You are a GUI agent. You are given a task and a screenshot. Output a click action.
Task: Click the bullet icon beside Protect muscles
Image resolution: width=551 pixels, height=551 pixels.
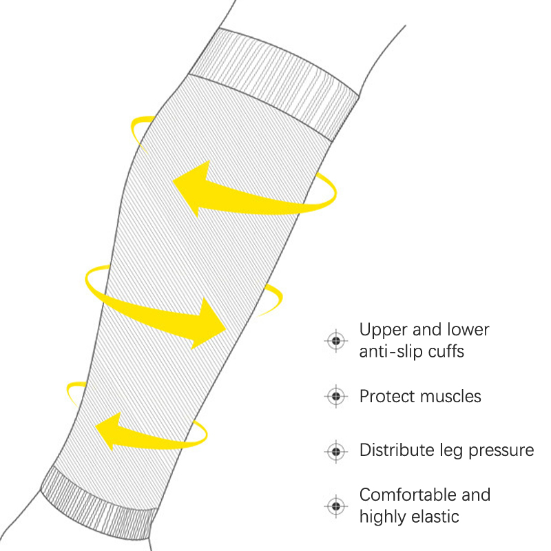click(335, 396)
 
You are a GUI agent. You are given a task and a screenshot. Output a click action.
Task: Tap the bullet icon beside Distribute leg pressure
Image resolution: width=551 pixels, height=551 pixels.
click(335, 451)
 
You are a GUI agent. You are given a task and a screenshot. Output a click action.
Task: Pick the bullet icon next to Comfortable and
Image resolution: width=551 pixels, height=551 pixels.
click(335, 506)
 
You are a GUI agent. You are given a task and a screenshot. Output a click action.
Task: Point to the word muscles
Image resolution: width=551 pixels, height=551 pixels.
click(449, 396)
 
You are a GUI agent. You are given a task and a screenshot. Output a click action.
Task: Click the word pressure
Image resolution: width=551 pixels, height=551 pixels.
click(501, 451)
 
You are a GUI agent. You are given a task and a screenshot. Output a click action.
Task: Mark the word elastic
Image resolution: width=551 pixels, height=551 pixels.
click(436, 516)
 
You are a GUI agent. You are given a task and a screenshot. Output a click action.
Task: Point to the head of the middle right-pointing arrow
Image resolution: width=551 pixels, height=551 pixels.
click(211, 324)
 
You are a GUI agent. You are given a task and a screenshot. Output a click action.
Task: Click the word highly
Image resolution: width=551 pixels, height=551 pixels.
click(383, 517)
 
